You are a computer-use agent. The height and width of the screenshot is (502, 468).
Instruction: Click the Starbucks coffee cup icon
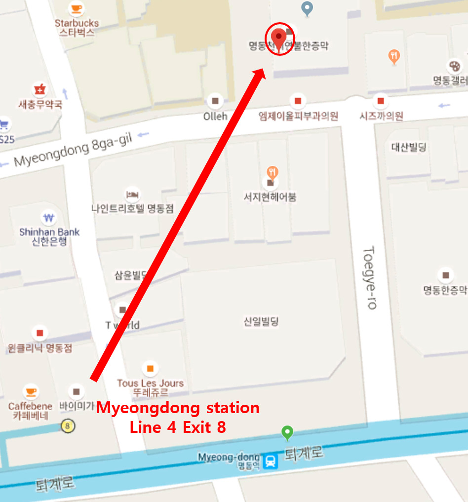click(x=76, y=8)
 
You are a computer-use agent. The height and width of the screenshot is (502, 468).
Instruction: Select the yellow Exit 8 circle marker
click(x=68, y=425)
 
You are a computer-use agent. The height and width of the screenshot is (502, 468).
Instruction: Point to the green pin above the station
click(x=287, y=433)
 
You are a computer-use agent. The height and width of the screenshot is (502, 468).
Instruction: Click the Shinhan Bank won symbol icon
click(x=48, y=218)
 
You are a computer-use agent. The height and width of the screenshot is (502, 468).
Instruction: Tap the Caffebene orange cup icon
click(x=31, y=392)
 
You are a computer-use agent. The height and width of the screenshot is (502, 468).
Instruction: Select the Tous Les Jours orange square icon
click(x=150, y=368)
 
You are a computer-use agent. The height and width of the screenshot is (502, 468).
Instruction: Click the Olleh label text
click(x=215, y=116)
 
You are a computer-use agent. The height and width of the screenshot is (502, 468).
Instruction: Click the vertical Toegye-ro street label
click(x=370, y=277)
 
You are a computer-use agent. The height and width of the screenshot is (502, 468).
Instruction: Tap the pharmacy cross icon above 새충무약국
click(x=39, y=90)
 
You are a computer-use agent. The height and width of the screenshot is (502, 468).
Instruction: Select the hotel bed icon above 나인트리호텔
click(x=132, y=193)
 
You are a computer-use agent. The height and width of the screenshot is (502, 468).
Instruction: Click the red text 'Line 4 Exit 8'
click(x=178, y=427)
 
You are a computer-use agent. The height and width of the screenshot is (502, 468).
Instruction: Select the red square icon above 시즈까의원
click(x=381, y=101)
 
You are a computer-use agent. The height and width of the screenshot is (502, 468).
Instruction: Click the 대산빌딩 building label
click(x=409, y=147)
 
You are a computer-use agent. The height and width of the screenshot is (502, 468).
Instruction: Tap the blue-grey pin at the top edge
click(x=307, y=8)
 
